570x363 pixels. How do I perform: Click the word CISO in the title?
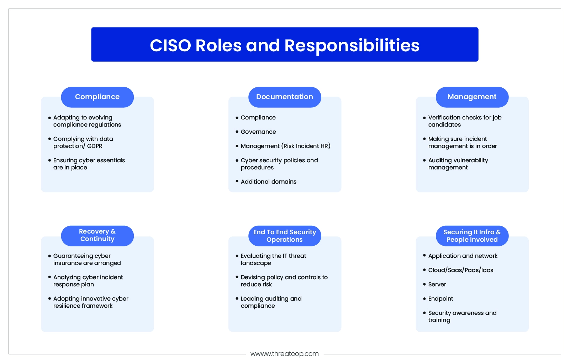(170, 46)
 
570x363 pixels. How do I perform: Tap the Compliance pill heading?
(97, 97)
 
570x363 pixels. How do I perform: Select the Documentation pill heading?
(285, 97)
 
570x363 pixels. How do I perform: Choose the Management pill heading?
(472, 97)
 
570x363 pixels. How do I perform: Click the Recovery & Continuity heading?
(97, 235)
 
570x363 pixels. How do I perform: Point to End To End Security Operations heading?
(285, 236)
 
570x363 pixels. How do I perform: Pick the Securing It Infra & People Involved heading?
(472, 236)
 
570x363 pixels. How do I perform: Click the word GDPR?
(95, 146)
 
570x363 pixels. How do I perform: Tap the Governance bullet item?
(258, 132)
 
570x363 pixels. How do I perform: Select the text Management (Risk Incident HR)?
(285, 146)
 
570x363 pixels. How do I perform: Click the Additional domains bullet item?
(269, 181)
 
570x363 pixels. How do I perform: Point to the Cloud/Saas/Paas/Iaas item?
(460, 270)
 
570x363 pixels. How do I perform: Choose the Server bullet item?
(437, 285)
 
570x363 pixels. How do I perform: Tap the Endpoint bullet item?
(441, 299)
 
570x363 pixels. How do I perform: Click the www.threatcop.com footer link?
(285, 354)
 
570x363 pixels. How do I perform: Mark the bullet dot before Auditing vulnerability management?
(424, 160)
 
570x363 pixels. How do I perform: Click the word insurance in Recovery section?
(65, 263)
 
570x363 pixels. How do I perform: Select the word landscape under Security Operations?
(256, 263)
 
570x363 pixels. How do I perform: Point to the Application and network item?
(463, 256)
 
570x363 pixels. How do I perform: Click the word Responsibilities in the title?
(352, 46)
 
